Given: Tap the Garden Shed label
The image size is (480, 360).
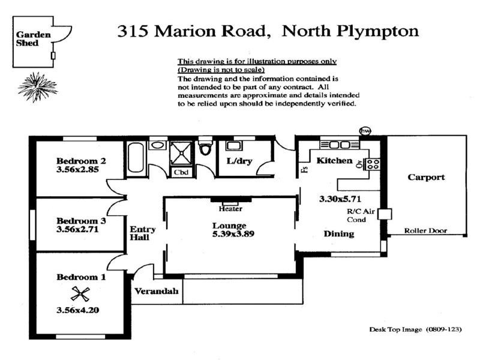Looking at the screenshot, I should click(28, 39).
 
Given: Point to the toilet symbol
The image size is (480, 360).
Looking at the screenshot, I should click(205, 148).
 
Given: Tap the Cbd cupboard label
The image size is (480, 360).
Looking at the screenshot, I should click(181, 172).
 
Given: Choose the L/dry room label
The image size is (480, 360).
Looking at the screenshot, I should click(238, 161).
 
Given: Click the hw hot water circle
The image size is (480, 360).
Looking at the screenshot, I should click(364, 131).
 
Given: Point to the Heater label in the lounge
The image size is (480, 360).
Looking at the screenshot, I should click(230, 209).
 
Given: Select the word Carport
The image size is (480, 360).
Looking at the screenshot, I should click(426, 177).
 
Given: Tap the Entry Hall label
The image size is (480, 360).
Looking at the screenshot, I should click(143, 233).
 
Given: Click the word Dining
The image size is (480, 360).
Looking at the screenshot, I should click(339, 233).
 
